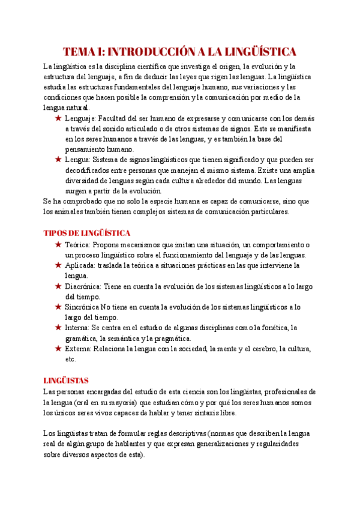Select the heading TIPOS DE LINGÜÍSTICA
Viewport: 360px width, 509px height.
[x=88, y=232]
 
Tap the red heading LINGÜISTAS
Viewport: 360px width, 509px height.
[x=66, y=380]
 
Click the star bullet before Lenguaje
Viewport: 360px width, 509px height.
[x=58, y=119]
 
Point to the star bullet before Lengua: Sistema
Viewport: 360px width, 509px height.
[x=58, y=160]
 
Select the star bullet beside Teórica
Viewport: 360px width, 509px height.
[x=58, y=245]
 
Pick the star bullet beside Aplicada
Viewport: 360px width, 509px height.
[x=58, y=265]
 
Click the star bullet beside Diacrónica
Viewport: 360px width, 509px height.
[x=58, y=286]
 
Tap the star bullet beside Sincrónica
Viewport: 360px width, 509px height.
[x=58, y=307]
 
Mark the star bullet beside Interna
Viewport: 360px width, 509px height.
[x=58, y=328]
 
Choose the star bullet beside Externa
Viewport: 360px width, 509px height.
[x=58, y=348]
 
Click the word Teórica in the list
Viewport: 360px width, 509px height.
[x=76, y=245]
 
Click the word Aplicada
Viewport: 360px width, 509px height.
[x=78, y=265]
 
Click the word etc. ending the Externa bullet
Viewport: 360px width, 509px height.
[x=70, y=359]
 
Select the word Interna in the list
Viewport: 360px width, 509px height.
[x=76, y=328]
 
